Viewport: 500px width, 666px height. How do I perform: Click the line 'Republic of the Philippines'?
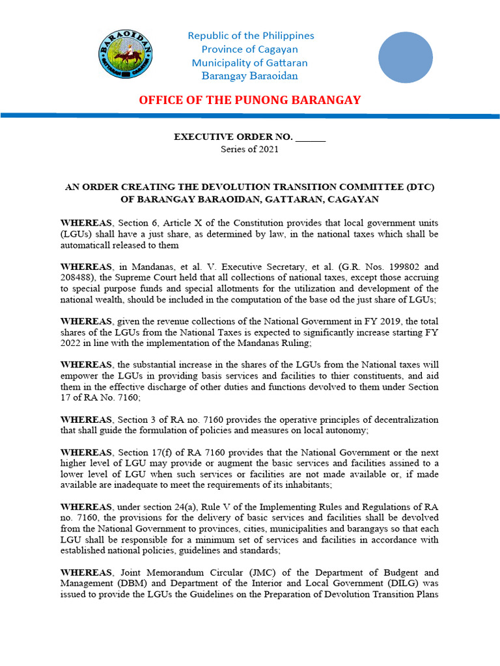pyautogui.click(x=251, y=36)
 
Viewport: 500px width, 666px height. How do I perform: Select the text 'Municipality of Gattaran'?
pyautogui.click(x=249, y=63)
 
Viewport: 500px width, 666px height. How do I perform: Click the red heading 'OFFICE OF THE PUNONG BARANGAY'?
pyautogui.click(x=249, y=100)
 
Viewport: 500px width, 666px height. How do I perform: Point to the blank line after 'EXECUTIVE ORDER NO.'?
pyautogui.click(x=311, y=137)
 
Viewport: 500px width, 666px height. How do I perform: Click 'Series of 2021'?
pyautogui.click(x=249, y=149)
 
